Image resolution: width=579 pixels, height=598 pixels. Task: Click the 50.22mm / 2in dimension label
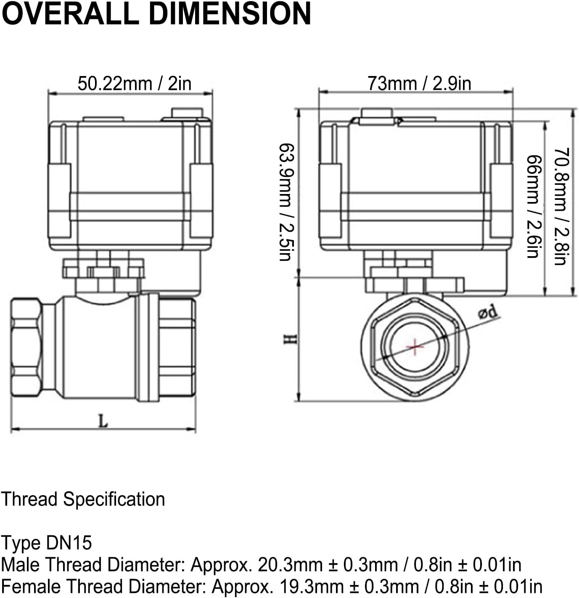click(x=134, y=84)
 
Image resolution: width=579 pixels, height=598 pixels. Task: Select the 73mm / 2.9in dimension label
click(x=419, y=83)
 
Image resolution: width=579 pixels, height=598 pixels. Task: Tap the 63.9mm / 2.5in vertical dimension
click(x=286, y=202)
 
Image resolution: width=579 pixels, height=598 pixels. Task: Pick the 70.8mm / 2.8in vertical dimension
click(x=561, y=206)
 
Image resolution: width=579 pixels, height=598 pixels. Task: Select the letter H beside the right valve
click(x=290, y=339)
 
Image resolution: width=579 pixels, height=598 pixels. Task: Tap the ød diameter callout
click(x=487, y=312)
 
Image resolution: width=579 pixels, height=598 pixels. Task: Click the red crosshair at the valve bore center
click(x=415, y=347)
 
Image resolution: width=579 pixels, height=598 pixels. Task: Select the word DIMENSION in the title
click(x=230, y=13)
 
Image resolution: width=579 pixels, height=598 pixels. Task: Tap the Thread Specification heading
click(x=83, y=499)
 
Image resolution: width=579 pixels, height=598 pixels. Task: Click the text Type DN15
click(x=46, y=543)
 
